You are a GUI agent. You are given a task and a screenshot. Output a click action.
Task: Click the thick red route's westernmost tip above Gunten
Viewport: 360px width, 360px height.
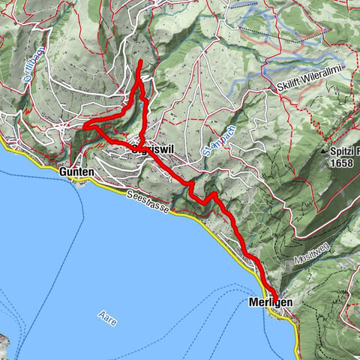pos(83,127)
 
